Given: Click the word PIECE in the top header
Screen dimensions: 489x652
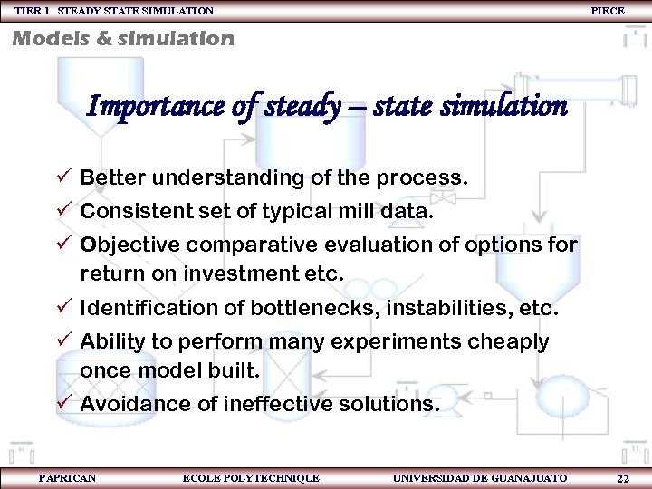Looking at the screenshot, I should [x=607, y=10].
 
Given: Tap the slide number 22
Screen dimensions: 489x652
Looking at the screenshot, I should [x=622, y=478].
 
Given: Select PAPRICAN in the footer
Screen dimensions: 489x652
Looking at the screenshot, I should [x=67, y=477].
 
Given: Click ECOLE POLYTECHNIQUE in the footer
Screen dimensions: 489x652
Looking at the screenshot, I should [x=251, y=477].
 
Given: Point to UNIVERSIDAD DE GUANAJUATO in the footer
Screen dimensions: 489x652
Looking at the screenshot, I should [x=480, y=477].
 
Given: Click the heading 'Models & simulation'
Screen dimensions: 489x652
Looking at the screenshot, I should [x=123, y=38].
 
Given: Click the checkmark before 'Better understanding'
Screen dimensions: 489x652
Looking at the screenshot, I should [x=64, y=177].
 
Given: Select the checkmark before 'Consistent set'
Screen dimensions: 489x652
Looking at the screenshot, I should [x=64, y=211].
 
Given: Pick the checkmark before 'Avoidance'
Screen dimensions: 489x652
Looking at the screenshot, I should [x=64, y=404].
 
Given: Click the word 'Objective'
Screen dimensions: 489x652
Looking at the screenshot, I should [x=126, y=244].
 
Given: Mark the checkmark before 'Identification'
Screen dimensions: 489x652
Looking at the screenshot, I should [x=64, y=309].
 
